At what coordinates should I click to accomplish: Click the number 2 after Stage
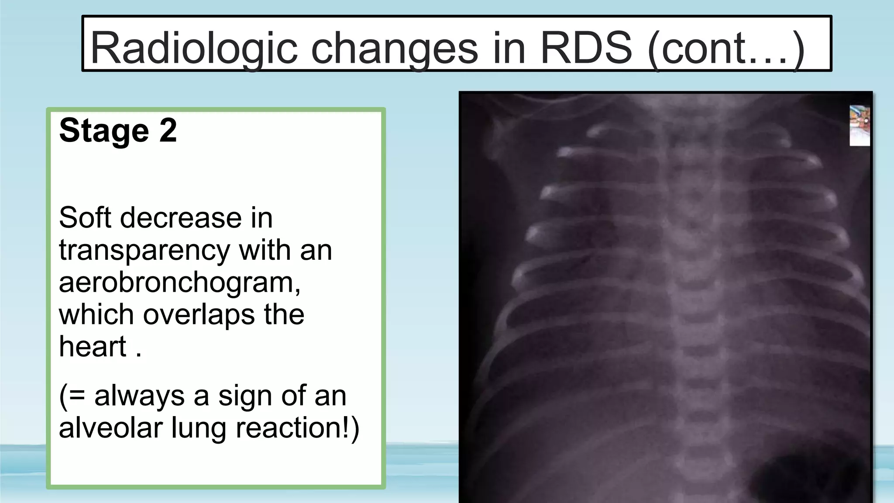[168, 130]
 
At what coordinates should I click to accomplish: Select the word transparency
[144, 251]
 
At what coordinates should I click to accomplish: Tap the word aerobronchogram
[179, 283]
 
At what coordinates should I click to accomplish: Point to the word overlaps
[199, 314]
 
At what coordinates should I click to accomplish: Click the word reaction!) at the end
[297, 428]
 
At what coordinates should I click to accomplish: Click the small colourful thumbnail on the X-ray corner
[859, 126]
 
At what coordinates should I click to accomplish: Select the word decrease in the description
[181, 217]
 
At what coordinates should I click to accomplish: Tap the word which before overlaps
[96, 314]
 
